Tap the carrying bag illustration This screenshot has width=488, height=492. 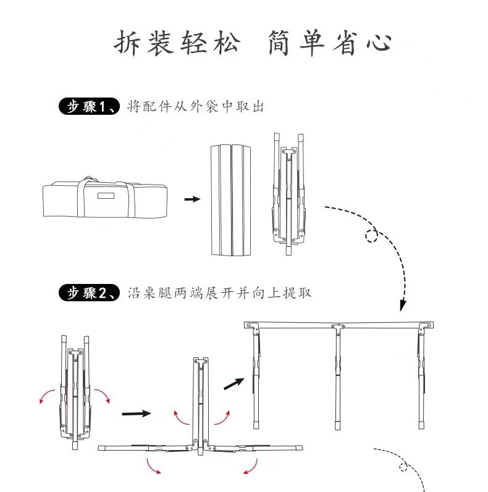click(105, 198)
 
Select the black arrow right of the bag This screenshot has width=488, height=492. click(193, 199)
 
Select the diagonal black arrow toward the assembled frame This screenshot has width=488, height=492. click(233, 383)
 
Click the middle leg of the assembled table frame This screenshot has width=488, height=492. click(339, 377)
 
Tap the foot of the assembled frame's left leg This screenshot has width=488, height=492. click(256, 425)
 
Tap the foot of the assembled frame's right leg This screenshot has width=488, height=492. click(421, 425)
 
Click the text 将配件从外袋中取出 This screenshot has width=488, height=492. click(194, 107)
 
